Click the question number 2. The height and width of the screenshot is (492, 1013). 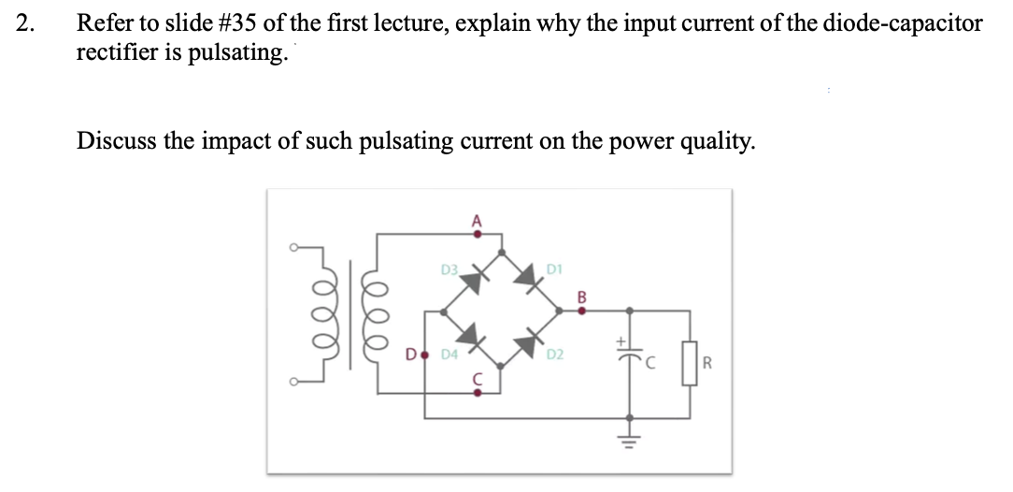pyautogui.click(x=24, y=24)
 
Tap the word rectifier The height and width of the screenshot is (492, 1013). pyautogui.click(x=115, y=52)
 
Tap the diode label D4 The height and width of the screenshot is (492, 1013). pyautogui.click(x=449, y=355)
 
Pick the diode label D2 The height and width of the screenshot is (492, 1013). pyautogui.click(x=554, y=355)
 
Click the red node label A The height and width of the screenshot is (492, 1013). pyautogui.click(x=476, y=221)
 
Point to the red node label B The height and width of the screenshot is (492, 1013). pyautogui.click(x=581, y=297)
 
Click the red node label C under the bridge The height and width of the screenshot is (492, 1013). pyautogui.click(x=476, y=381)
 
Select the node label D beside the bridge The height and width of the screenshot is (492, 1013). pyautogui.click(x=409, y=355)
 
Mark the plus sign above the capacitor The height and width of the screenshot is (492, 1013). pyautogui.click(x=618, y=342)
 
